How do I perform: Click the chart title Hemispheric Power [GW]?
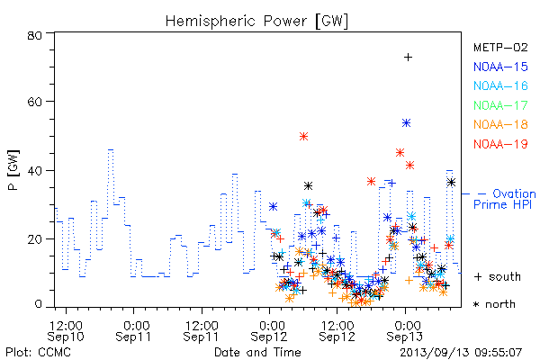pos(256,21)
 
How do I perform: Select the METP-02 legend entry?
pos(500,47)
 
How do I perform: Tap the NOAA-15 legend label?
pos(500,67)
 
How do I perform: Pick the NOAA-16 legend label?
pos(500,85)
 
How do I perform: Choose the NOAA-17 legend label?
pos(500,105)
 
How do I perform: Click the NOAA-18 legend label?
pos(500,124)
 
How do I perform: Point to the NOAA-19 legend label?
pos(500,144)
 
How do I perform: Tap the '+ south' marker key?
pos(498,276)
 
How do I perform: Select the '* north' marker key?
pos(494,304)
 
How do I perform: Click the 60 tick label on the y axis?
pos(34,102)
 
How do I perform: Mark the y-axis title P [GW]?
pos(13,170)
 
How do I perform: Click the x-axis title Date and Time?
pos(257,352)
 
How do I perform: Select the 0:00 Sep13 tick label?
pos(405,331)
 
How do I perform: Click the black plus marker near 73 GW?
pos(408,58)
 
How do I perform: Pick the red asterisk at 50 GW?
pos(303,137)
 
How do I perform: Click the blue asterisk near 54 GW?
pos(407,123)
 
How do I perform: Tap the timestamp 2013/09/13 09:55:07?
pos(461,353)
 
